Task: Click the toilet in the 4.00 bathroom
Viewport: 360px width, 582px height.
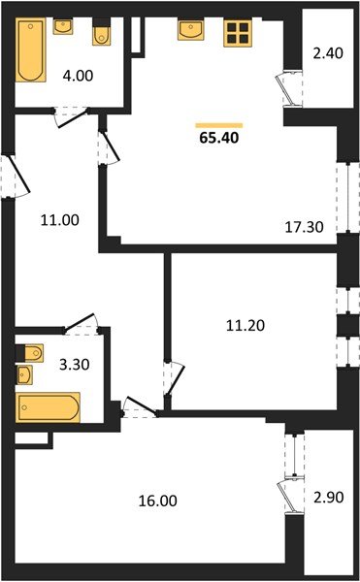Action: [100, 33]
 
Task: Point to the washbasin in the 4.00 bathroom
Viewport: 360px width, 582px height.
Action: [64, 26]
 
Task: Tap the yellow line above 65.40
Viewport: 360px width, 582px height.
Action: [218, 124]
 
